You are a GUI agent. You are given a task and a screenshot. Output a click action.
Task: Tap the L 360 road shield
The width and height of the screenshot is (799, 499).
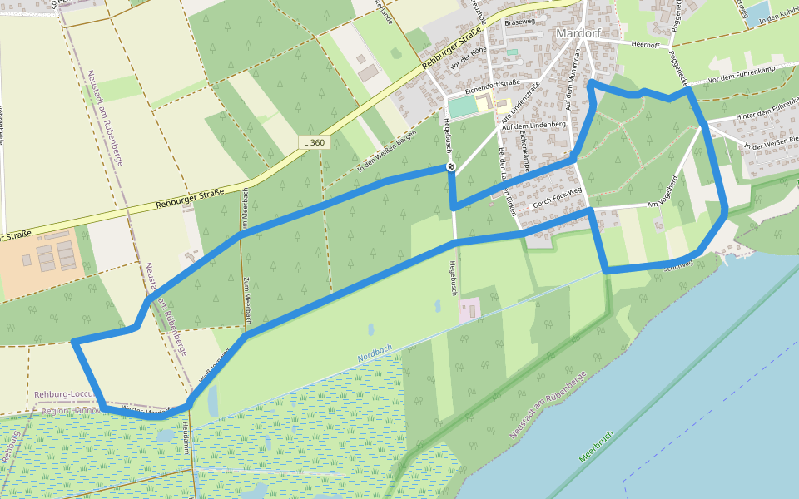315,142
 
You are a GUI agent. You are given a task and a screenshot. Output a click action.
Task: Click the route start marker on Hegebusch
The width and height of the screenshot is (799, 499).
450,167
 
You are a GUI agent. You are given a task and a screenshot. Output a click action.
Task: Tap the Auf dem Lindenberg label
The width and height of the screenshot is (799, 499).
541,125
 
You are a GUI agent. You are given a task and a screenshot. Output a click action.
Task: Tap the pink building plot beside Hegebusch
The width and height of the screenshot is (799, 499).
469,310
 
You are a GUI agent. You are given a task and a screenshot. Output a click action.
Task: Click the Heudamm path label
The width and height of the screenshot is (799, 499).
186,437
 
